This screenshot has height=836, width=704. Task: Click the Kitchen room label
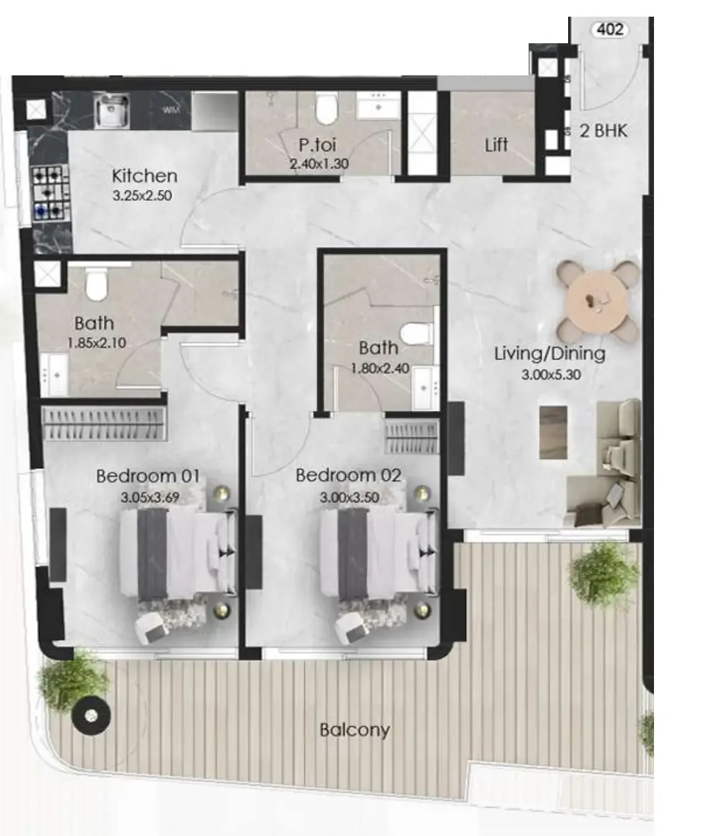click(x=145, y=176)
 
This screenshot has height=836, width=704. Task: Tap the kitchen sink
click(x=111, y=111)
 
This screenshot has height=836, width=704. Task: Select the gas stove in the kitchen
click(x=49, y=193)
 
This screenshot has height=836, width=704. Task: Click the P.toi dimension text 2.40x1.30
click(x=319, y=164)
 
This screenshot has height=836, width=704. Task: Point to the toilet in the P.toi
click(x=326, y=108)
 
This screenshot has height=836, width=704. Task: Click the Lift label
click(x=496, y=145)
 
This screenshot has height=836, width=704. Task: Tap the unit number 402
click(x=610, y=29)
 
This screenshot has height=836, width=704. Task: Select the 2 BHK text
click(x=603, y=131)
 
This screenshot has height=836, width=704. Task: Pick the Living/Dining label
click(x=550, y=353)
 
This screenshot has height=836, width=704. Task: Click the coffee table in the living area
click(x=553, y=432)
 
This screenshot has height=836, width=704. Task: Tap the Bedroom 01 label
click(x=148, y=476)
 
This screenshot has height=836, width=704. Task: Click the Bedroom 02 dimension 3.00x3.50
click(x=350, y=497)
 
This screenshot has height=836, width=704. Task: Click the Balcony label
click(x=354, y=730)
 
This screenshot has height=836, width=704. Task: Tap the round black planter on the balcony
click(x=91, y=716)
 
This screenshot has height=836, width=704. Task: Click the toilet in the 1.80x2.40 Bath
click(x=416, y=334)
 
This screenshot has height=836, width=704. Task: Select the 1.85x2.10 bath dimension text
click(x=97, y=343)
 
